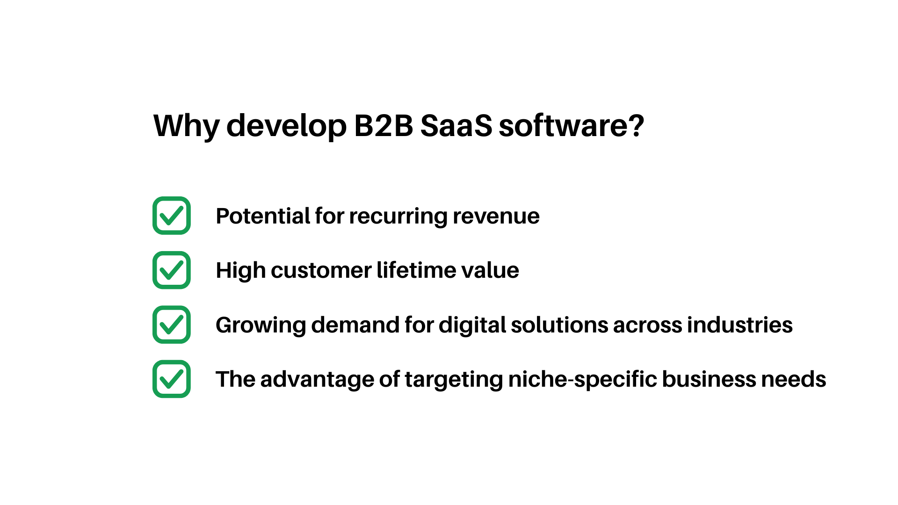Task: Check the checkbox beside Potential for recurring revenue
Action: (172, 216)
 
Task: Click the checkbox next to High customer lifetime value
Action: (172, 270)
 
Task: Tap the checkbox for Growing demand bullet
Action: (172, 325)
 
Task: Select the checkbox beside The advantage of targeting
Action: (172, 379)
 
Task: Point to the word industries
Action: (739, 325)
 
